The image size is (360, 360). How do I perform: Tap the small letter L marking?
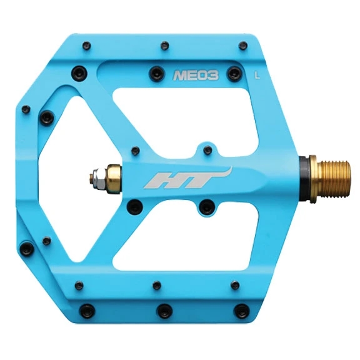tap(257, 76)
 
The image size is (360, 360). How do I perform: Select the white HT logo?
tap(188, 177)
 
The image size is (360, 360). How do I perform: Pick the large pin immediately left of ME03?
tap(154, 74)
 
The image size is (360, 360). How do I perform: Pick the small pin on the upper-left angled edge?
tap(25, 111)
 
